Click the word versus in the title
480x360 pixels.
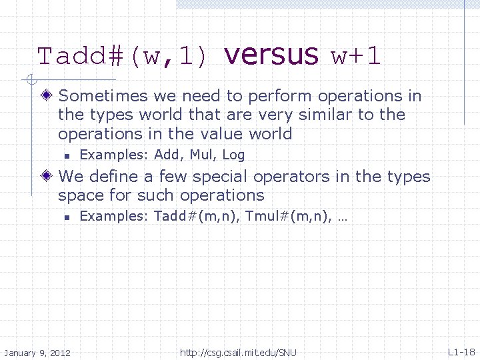[272, 55]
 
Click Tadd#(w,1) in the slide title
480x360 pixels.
[123, 57]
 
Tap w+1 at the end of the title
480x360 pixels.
[356, 57]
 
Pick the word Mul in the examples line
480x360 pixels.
[201, 155]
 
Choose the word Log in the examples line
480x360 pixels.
[233, 155]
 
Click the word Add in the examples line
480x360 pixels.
[167, 155]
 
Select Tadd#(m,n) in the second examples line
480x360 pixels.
[196, 217]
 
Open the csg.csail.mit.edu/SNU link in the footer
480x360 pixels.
[238, 352]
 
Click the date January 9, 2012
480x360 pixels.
[38, 352]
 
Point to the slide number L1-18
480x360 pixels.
[461, 352]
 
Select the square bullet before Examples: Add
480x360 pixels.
[67, 156]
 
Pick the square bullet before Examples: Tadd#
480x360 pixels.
[67, 217]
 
